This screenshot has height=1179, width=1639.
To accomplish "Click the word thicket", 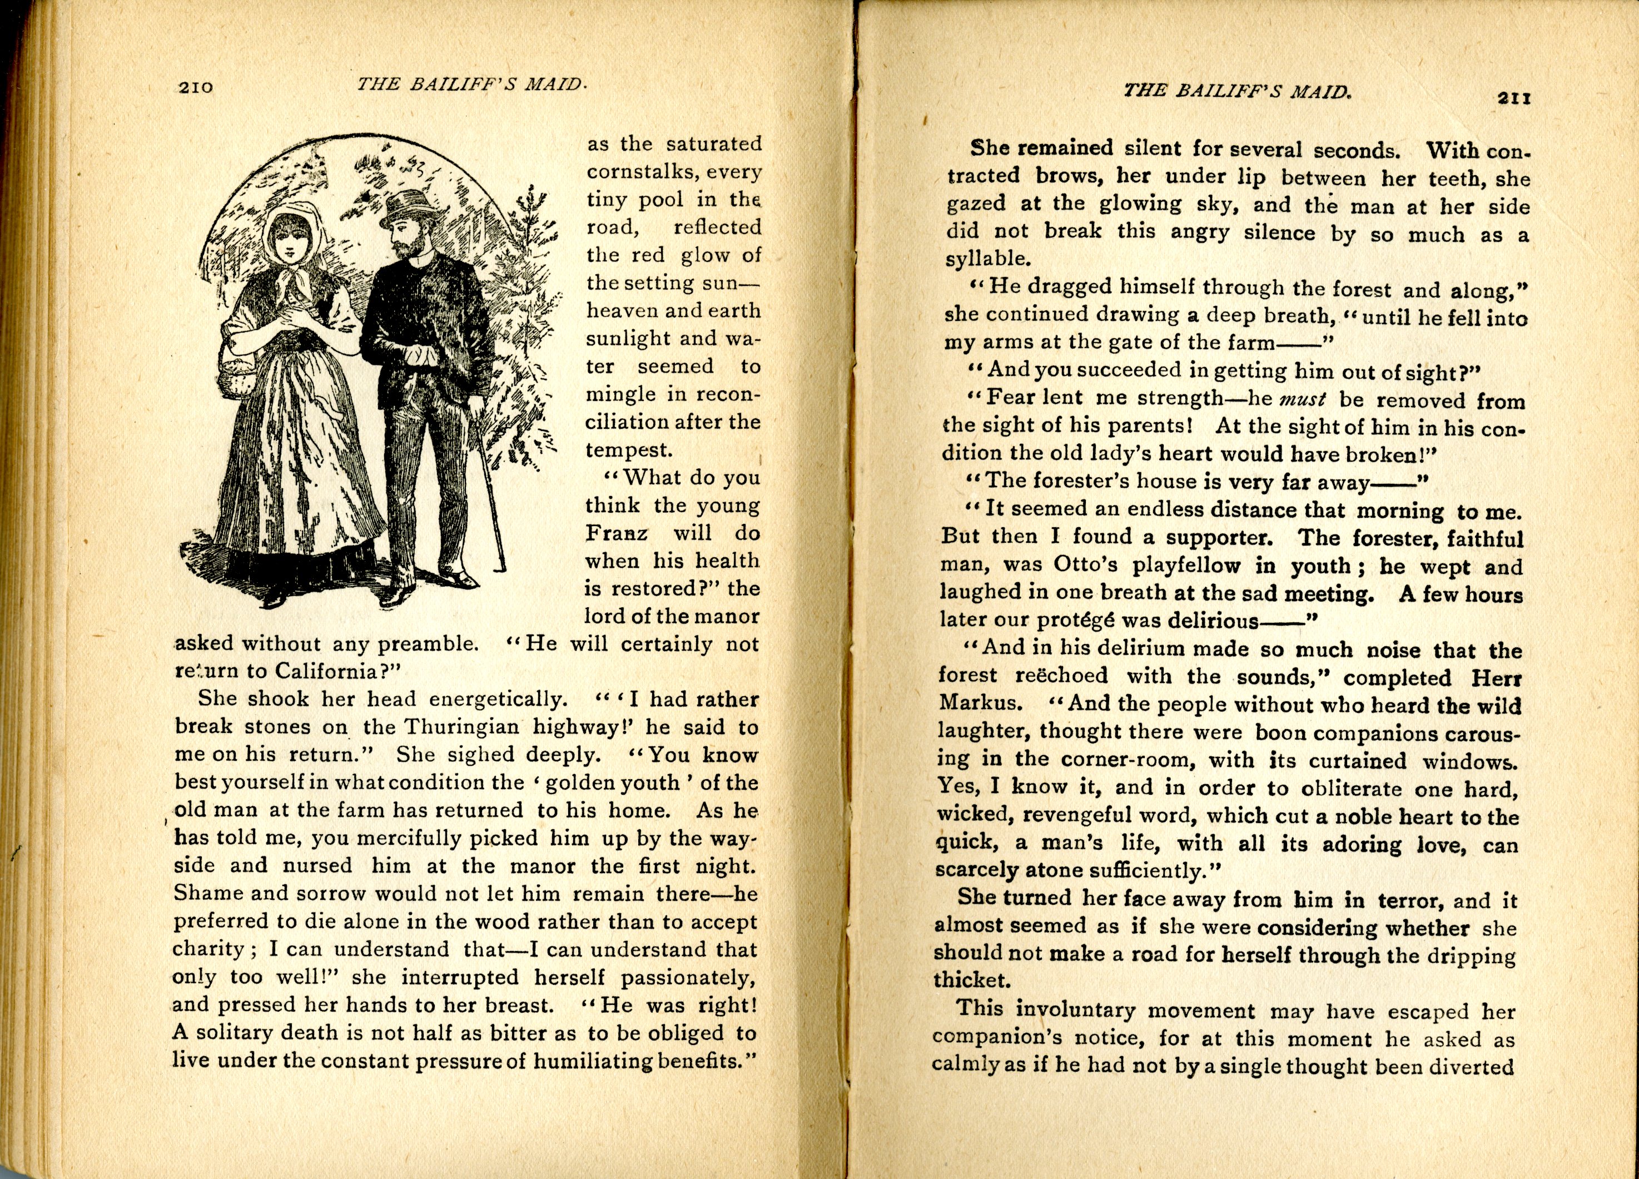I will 970,981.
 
